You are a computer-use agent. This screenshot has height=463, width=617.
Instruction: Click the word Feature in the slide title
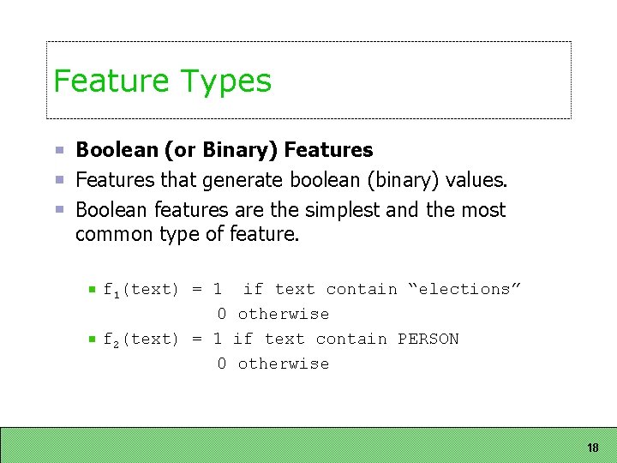pos(111,81)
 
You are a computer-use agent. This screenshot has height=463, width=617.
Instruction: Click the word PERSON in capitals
pos(428,340)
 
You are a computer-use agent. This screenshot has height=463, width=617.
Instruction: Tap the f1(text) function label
pos(141,291)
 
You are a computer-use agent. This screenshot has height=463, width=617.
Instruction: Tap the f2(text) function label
pos(141,340)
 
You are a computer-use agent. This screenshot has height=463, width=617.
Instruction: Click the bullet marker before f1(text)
pos(91,291)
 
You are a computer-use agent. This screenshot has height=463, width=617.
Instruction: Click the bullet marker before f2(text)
pos(91,340)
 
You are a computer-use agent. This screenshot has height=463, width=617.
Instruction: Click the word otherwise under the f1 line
pos(283,315)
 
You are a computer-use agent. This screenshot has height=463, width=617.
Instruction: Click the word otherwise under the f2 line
pos(283,364)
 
